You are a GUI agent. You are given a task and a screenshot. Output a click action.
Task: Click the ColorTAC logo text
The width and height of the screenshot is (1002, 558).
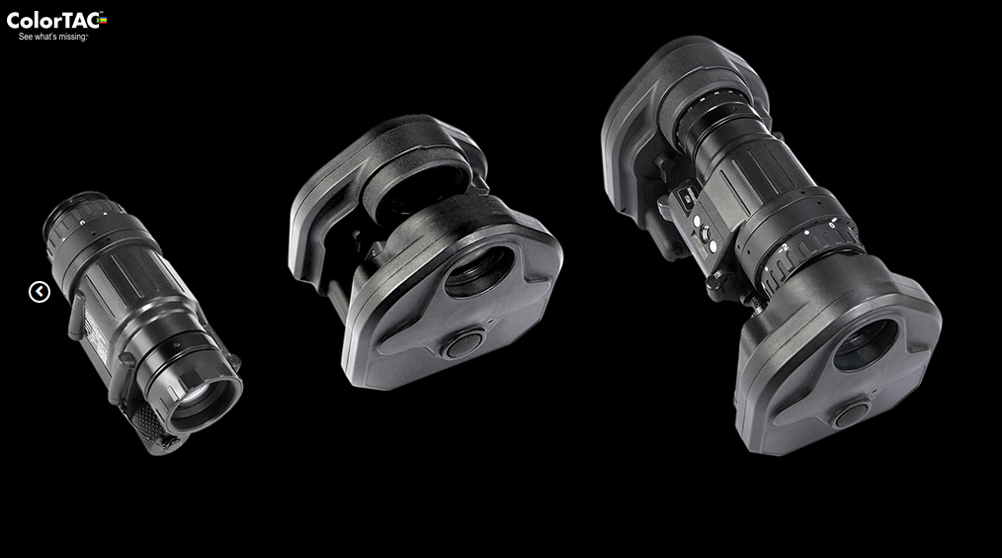tap(53, 21)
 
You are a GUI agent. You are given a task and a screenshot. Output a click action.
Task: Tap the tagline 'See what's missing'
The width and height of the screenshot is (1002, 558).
tap(52, 38)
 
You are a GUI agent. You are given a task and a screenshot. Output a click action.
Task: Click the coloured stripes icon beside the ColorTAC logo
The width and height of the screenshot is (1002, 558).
tap(103, 21)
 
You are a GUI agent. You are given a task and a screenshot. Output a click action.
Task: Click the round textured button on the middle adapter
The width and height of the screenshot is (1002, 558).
tap(463, 345)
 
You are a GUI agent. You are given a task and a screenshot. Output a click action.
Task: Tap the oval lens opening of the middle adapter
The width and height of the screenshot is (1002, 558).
tap(479, 272)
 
